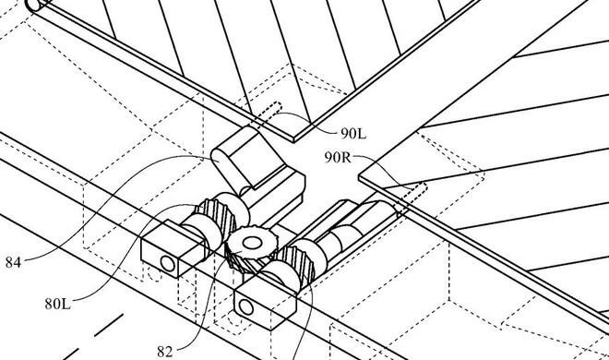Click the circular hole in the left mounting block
click(x=168, y=264)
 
